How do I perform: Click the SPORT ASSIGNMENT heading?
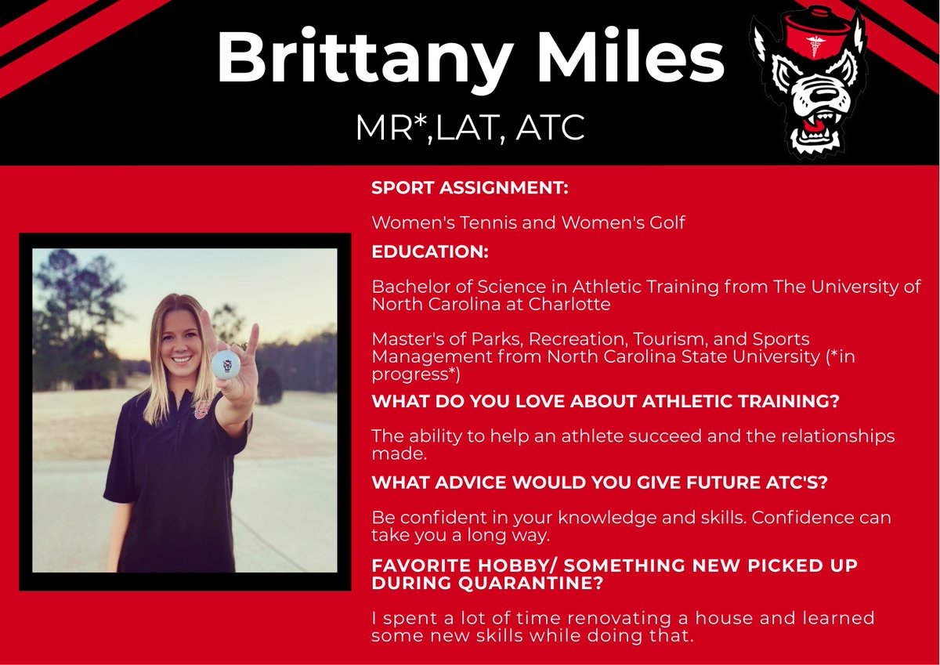(x=470, y=189)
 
